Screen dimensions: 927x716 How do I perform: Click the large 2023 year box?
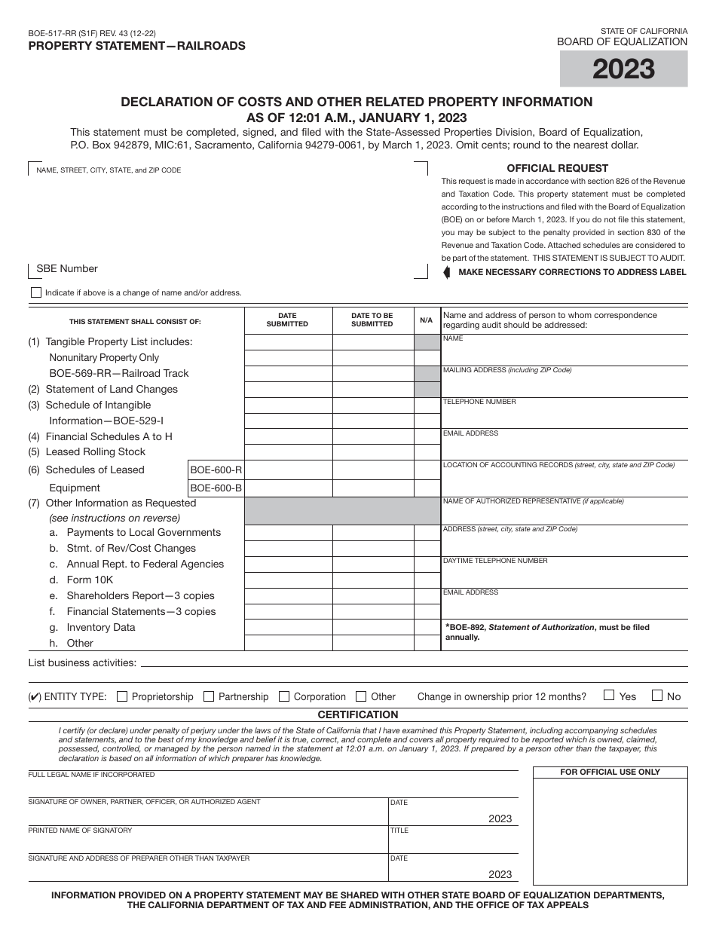(x=623, y=69)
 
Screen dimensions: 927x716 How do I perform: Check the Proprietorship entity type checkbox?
(x=122, y=696)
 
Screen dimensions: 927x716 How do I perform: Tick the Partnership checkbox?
(x=210, y=696)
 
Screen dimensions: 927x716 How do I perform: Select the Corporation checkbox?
(x=284, y=696)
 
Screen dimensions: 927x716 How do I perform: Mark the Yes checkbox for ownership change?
(x=609, y=696)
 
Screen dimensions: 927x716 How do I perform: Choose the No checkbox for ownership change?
(x=657, y=696)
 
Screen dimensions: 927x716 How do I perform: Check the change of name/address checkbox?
(x=36, y=292)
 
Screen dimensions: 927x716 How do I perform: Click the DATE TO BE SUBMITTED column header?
(x=372, y=320)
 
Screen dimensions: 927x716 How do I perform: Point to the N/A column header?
(x=427, y=320)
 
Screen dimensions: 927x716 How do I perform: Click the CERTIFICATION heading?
(x=358, y=714)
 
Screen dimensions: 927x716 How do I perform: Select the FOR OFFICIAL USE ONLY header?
(x=610, y=772)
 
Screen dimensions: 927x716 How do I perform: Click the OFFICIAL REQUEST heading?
(x=557, y=168)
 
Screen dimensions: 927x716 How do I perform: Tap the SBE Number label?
(x=67, y=269)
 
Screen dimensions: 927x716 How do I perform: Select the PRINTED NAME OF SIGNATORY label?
(x=80, y=830)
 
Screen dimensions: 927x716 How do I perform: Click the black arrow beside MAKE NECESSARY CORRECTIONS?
(x=447, y=272)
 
